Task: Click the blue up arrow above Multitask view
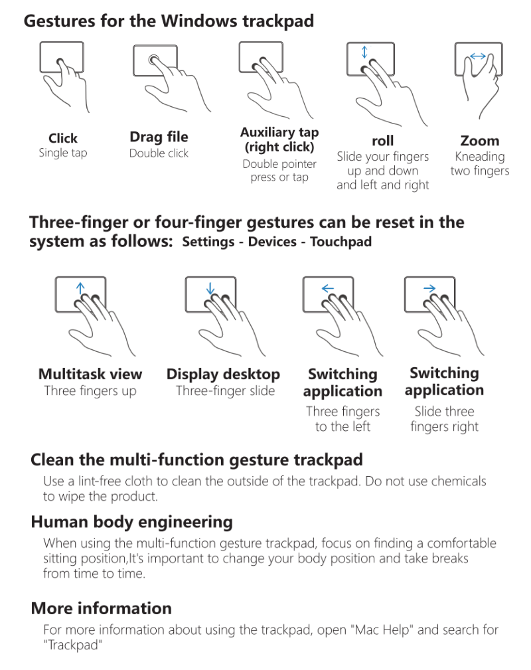(80, 288)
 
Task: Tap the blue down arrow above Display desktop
(210, 288)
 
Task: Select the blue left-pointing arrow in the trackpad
(328, 288)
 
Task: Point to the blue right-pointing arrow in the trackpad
(429, 288)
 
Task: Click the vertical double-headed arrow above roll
(364, 52)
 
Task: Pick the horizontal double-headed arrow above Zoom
(478, 56)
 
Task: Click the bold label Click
(63, 138)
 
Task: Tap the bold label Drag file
(159, 137)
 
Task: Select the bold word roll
(383, 141)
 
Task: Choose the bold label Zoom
(480, 141)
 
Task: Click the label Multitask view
(90, 374)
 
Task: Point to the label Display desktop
(223, 375)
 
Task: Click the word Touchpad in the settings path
(341, 242)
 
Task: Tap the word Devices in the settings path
(272, 242)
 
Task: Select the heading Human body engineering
(132, 522)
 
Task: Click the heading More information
(102, 608)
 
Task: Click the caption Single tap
(63, 153)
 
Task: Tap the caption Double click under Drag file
(159, 153)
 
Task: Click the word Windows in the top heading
(198, 21)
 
